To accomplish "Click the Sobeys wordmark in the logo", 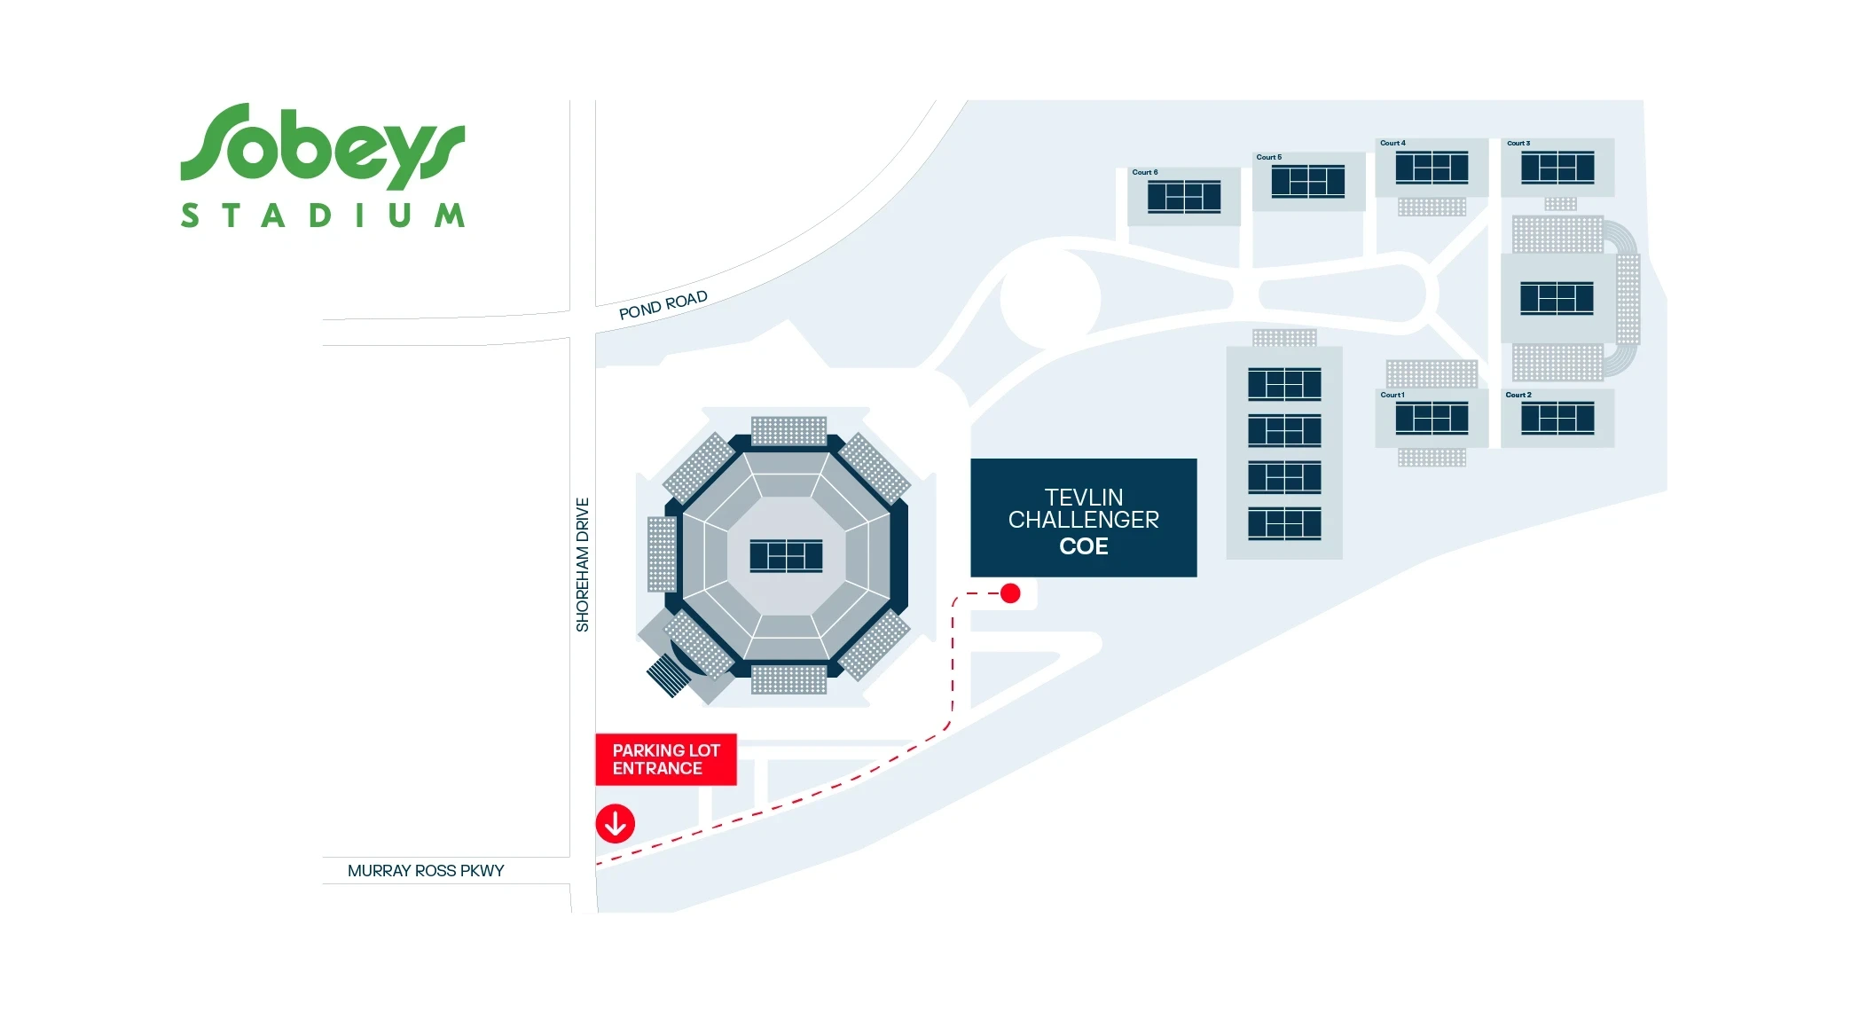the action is coord(322,146).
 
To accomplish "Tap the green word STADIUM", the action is coord(323,216).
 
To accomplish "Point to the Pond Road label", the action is coord(663,304).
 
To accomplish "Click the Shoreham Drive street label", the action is coord(583,565).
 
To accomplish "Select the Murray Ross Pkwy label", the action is coord(426,871).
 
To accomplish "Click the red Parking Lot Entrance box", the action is coord(666,759).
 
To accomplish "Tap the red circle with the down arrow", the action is coord(616,823).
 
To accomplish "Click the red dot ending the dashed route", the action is coord(1010,593).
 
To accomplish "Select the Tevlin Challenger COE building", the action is coord(1084,518).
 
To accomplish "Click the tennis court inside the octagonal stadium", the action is coord(786,556).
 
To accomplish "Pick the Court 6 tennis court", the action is coord(1184,197).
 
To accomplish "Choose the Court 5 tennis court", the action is coord(1308,182).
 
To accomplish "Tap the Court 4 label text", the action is coord(1393,143).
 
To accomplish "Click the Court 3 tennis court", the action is coord(1557,168).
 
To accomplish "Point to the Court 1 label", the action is coord(1393,395).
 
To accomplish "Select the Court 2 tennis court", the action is coord(1557,419).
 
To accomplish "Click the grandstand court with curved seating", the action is coord(1557,298).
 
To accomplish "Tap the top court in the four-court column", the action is coord(1284,384).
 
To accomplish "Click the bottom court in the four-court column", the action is coord(1284,523).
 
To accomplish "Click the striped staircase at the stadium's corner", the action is coord(670,675).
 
